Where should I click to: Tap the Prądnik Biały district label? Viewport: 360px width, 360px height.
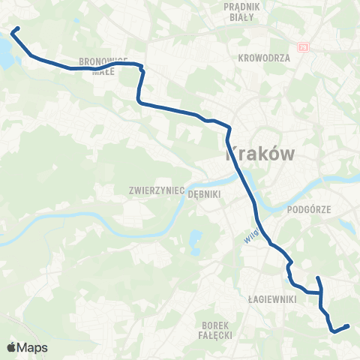pyautogui.click(x=242, y=10)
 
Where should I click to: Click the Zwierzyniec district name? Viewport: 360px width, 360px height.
pyautogui.click(x=157, y=191)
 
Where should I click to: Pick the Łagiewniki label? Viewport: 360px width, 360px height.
pyautogui.click(x=273, y=298)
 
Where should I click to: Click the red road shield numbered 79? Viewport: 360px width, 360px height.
pyautogui.click(x=304, y=46)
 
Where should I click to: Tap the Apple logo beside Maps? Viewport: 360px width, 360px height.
pyautogui.click(x=12, y=347)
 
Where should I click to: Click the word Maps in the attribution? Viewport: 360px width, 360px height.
pyautogui.click(x=33, y=347)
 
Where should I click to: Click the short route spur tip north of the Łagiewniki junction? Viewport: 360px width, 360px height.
pyautogui.click(x=318, y=278)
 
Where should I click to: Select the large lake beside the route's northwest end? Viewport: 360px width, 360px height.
pyautogui.click(x=4, y=50)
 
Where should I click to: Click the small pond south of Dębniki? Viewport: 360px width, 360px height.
pyautogui.click(x=196, y=241)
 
